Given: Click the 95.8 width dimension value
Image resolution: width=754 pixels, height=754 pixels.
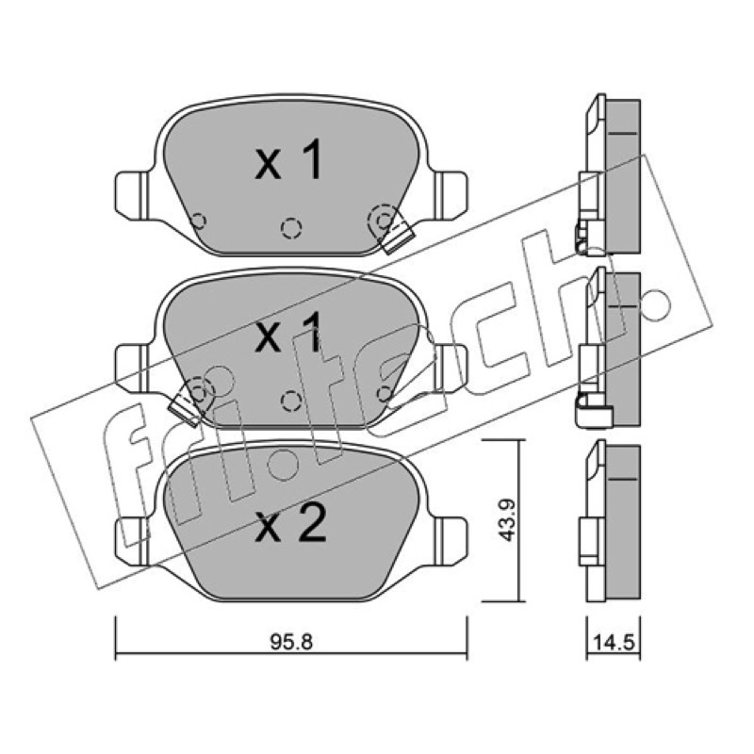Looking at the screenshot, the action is pyautogui.click(x=291, y=643).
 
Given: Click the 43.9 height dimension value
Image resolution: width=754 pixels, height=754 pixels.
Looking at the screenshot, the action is pyautogui.click(x=506, y=520).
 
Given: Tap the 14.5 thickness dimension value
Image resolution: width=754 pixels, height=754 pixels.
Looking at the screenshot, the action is pyautogui.click(x=615, y=643).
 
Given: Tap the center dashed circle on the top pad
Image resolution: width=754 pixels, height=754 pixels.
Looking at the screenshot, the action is pyautogui.click(x=291, y=227).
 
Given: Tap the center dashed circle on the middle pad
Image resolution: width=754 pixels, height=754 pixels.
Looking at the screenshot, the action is pyautogui.click(x=290, y=401).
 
